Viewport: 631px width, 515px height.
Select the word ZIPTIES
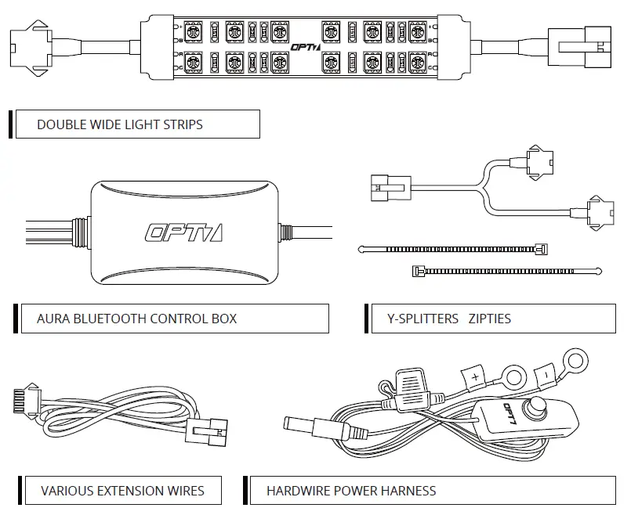[x=489, y=319]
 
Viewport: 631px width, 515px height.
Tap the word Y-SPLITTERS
[x=422, y=319]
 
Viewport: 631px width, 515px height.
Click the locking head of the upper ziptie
[x=540, y=249]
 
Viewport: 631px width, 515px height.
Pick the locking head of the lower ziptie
[x=418, y=271]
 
